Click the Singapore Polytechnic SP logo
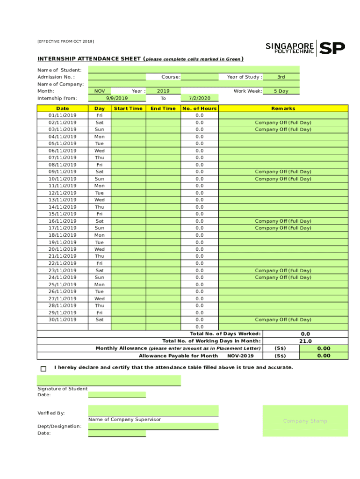[x=305, y=48]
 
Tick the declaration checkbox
[x=43, y=369]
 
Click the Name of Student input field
[x=193, y=70]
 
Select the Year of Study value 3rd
[x=281, y=77]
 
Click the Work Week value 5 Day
[x=281, y=91]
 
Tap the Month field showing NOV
[x=100, y=91]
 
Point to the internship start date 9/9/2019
[x=117, y=98]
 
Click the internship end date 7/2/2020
[x=200, y=98]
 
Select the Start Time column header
[x=128, y=109]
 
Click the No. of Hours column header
[x=200, y=109]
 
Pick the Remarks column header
[x=283, y=109]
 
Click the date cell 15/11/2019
[x=63, y=214]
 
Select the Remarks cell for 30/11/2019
[x=283, y=319]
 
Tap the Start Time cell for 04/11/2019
[x=128, y=137]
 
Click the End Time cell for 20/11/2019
[x=163, y=249]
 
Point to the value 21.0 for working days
[x=305, y=341]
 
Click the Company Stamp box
[x=305, y=421]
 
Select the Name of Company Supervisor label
[x=124, y=420]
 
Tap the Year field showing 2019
[x=163, y=91]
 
